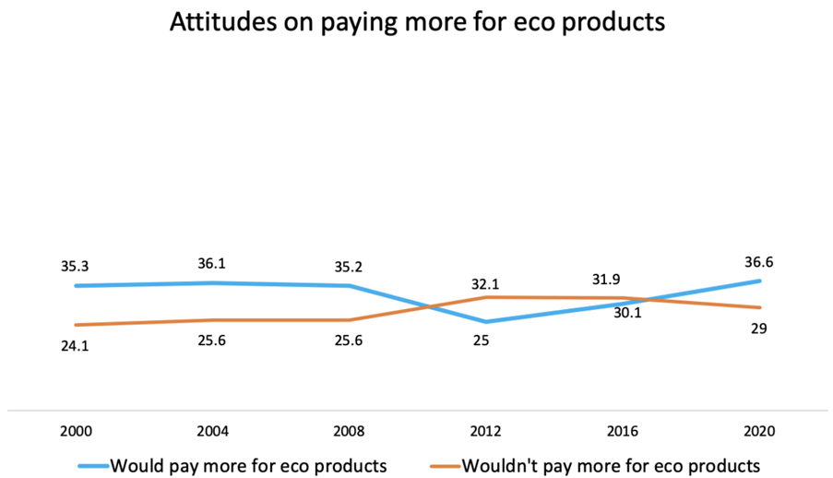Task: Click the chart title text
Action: click(417, 23)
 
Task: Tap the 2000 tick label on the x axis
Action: click(75, 431)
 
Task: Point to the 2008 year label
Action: click(350, 431)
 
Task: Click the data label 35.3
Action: click(77, 266)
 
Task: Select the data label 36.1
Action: click(213, 263)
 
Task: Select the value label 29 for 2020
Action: click(758, 329)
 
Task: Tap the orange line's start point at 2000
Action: click(76, 325)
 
